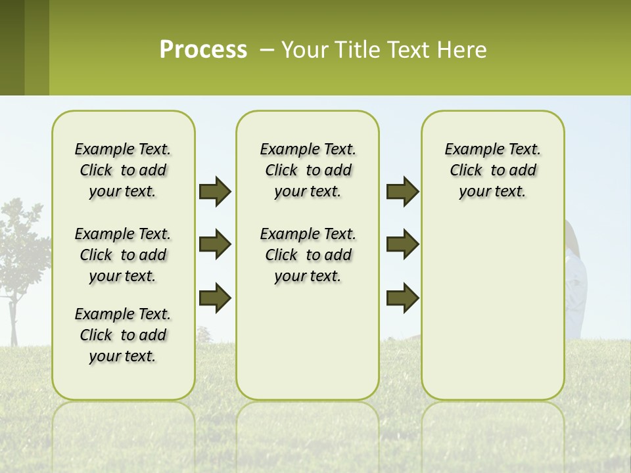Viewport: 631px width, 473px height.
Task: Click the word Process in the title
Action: (203, 50)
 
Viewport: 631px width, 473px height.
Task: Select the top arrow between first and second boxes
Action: (214, 192)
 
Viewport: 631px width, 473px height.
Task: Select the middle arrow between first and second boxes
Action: (214, 244)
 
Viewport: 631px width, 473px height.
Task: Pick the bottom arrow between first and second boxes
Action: (214, 298)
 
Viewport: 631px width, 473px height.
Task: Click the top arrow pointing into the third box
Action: (402, 192)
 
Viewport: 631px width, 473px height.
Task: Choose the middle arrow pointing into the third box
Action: (402, 244)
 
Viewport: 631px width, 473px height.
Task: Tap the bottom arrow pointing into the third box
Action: (402, 298)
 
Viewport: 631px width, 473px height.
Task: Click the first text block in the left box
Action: (123, 170)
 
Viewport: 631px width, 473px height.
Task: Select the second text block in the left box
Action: (123, 255)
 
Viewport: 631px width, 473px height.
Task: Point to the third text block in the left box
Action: (123, 335)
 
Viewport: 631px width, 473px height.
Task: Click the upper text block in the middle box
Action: (308, 170)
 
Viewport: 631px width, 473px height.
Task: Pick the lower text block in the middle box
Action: (308, 255)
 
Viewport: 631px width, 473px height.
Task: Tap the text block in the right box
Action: (493, 170)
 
